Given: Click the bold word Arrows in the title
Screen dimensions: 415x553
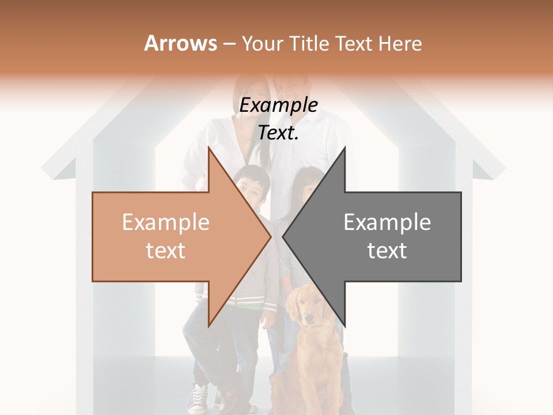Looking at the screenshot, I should pos(180,43).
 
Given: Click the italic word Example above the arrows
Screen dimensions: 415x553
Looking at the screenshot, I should pos(278,105).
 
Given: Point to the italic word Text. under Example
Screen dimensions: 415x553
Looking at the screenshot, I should pos(278,133).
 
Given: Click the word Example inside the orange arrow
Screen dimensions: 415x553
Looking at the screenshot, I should pos(165,222).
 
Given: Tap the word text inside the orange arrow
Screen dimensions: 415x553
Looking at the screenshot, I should pos(165,251).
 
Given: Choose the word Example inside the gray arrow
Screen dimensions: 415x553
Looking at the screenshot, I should pos(387,222).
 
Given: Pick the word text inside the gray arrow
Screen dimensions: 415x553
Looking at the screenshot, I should pos(387,251).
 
